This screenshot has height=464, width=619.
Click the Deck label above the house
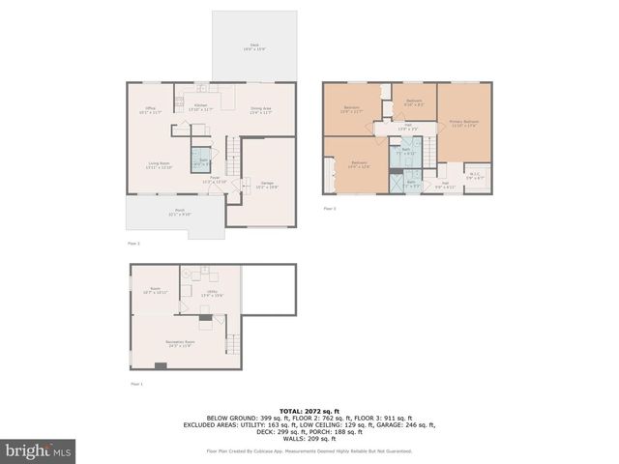255,46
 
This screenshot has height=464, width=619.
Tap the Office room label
151,109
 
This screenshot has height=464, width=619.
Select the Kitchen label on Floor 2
201,106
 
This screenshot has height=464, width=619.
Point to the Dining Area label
260,109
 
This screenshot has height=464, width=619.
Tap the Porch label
180,212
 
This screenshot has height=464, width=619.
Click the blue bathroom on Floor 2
203,160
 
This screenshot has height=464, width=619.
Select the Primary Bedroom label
464,122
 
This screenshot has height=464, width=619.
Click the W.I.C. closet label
476,176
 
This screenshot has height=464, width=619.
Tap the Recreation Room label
181,344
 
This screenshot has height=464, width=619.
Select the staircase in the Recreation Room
231,342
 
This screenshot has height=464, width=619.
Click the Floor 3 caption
330,209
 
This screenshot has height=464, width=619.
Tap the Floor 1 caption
136,385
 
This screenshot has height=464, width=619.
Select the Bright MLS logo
40,450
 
